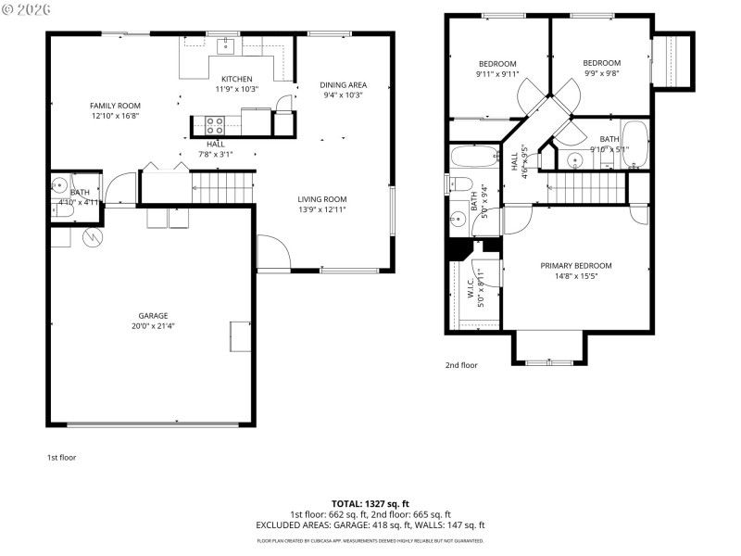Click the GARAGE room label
153,316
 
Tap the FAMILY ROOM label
115,106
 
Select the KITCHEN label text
236,79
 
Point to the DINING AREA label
343,84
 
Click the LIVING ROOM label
321,199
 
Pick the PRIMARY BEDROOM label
576,265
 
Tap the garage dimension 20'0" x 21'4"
153,326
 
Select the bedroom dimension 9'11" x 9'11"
497,74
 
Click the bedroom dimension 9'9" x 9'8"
601,74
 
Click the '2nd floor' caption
461,365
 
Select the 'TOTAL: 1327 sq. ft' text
370,503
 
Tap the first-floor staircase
222,187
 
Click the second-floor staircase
584,188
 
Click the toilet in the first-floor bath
59,183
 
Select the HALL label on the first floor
215,145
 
